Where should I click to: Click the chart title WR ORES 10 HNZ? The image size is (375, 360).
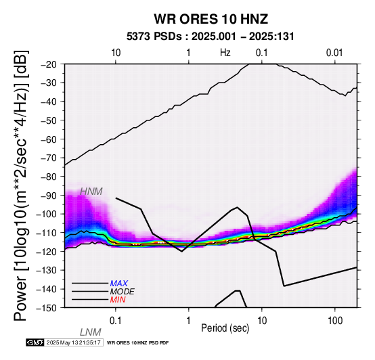pos(211,19)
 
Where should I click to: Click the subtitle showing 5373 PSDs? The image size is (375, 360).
pos(211,37)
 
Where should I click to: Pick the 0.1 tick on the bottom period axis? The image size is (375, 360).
pos(116,321)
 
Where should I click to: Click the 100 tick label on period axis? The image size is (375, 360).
pos(335,321)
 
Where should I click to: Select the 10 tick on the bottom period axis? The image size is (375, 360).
pos(262,321)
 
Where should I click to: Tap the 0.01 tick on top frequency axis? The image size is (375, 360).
pos(334,53)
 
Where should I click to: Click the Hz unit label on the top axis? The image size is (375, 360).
pos(225,53)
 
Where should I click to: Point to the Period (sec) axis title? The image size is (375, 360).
pos(225,328)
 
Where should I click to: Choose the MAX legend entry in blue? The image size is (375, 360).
pos(119,284)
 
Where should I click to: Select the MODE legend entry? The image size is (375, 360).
pos(123,292)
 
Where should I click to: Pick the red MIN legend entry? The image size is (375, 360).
pos(118,300)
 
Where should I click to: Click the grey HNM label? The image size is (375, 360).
pos(91,192)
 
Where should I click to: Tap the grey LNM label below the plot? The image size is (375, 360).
pos(91,332)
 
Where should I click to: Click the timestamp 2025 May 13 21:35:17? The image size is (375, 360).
pos(73,342)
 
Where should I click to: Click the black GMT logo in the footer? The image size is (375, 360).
pos(35,342)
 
